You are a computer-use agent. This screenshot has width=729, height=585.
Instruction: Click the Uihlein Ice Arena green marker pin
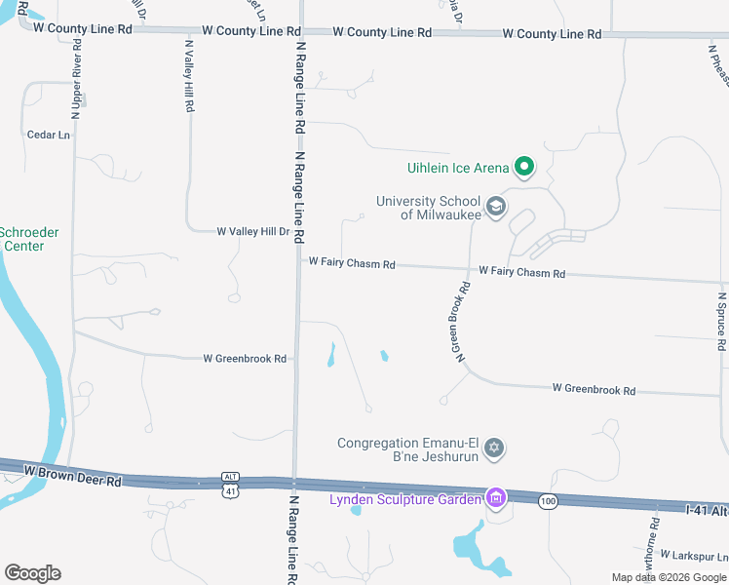[x=524, y=167]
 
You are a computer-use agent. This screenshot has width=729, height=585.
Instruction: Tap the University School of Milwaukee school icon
[x=496, y=207]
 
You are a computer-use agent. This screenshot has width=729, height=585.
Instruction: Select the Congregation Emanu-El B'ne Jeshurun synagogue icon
[x=494, y=448]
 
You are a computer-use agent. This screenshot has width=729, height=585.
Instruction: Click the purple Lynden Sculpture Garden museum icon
[x=496, y=499]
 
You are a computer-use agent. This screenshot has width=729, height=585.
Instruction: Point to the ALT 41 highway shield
[x=230, y=486]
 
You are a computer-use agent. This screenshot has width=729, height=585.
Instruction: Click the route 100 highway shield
[x=547, y=501]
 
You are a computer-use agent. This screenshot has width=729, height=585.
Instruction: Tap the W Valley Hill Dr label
[x=253, y=232]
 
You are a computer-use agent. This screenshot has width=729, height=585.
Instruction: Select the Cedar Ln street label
[x=49, y=135]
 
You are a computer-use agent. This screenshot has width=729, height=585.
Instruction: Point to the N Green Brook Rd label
[x=463, y=324]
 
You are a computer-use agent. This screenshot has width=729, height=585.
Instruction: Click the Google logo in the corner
[x=32, y=573]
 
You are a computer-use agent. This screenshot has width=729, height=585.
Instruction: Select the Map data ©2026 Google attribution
[x=669, y=577]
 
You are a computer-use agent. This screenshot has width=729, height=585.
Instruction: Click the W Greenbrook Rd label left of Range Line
[x=245, y=359]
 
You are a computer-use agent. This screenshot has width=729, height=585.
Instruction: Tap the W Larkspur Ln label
[x=693, y=555]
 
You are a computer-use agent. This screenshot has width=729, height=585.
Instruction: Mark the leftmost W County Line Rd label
[x=82, y=29]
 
